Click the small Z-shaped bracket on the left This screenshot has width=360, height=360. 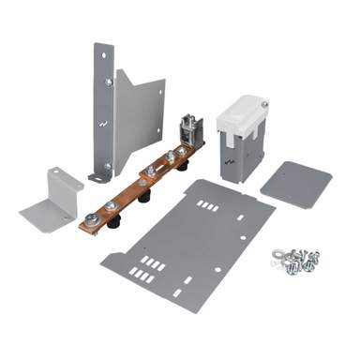52,198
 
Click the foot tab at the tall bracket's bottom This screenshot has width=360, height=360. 97,175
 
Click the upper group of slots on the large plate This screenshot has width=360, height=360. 209,204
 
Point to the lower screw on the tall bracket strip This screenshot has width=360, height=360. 106,166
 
